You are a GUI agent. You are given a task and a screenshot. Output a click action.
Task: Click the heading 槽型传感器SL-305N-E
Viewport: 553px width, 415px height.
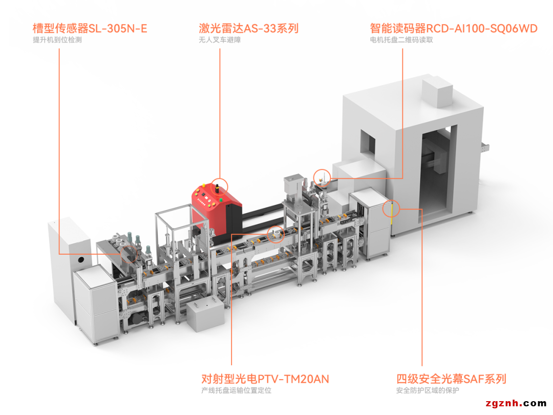(x=90, y=28)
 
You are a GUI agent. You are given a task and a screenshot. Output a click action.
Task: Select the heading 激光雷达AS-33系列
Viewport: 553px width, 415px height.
(x=248, y=28)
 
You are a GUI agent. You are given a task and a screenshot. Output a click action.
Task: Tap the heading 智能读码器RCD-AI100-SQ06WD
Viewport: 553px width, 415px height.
(x=454, y=28)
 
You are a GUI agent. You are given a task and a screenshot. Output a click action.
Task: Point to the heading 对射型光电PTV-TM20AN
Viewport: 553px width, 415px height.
(x=265, y=379)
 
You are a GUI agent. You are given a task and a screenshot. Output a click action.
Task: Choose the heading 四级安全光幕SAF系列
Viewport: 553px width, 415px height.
(x=451, y=379)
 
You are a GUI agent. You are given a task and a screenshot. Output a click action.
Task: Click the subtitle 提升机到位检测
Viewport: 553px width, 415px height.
(x=57, y=40)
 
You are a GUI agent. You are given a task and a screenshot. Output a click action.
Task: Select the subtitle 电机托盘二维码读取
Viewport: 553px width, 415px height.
(x=401, y=40)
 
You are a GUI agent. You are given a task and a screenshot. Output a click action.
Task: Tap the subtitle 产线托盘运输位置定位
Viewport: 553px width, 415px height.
(x=236, y=391)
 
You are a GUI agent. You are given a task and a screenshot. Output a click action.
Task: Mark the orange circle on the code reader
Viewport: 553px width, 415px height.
(x=321, y=178)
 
